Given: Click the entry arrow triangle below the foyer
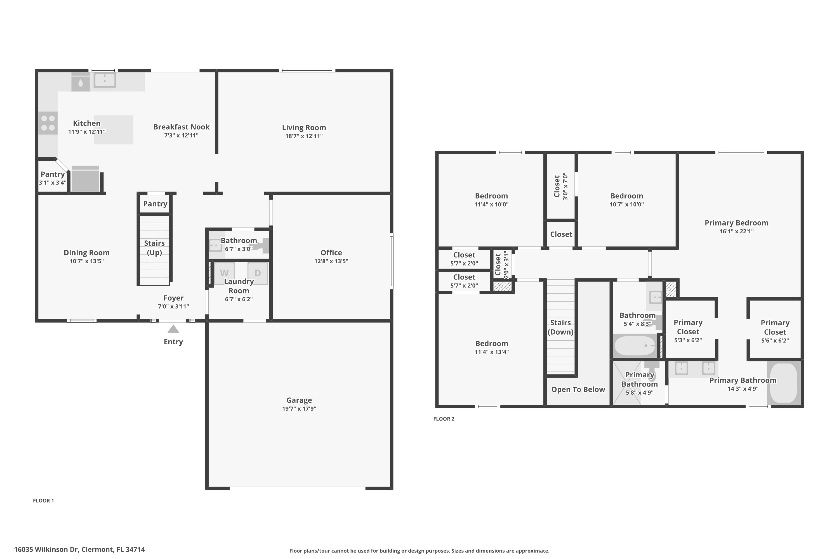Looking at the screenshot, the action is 173,329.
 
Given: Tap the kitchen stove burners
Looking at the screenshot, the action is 48,123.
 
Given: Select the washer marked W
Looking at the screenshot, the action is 224,273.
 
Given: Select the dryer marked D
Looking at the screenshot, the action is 258,273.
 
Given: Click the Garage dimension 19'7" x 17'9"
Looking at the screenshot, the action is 299,409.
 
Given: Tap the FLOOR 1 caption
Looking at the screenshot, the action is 44,501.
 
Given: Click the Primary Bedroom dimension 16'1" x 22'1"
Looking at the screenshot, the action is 736,231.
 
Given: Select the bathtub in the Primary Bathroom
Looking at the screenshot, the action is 783,383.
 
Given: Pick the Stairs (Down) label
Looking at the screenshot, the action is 560,327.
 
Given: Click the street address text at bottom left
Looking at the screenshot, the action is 79,549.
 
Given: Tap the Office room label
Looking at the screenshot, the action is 331,252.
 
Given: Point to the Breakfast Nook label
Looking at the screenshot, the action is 181,127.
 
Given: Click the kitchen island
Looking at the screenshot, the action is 114,130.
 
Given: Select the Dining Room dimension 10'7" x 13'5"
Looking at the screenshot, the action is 87,261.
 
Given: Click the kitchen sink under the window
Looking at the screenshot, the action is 105,80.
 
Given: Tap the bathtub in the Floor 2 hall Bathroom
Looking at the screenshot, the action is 635,346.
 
